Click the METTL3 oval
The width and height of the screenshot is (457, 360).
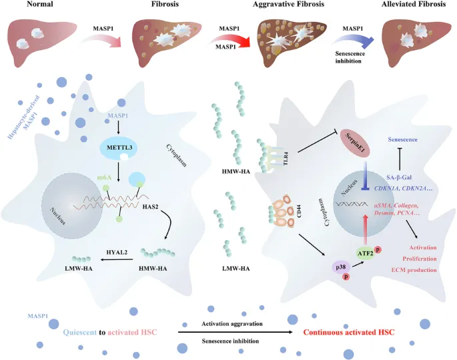[119, 148]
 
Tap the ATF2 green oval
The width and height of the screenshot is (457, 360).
[366, 253]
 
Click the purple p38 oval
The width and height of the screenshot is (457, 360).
[341, 267]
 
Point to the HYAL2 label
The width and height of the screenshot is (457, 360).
[117, 252]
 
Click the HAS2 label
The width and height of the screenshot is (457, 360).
[150, 207]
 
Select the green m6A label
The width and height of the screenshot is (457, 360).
[105, 177]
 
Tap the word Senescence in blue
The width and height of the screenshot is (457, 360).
[402, 139]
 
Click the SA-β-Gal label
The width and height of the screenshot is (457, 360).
[399, 177]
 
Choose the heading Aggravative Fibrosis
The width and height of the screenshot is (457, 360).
[288, 4]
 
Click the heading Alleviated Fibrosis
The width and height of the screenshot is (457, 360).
[414, 4]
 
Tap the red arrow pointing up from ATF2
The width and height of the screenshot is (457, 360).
[365, 229]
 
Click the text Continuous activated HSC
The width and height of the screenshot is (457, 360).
[349, 332]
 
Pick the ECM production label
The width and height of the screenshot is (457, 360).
[414, 270]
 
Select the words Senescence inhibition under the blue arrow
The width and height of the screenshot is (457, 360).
[350, 57]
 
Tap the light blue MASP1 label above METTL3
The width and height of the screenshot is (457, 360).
[117, 115]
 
